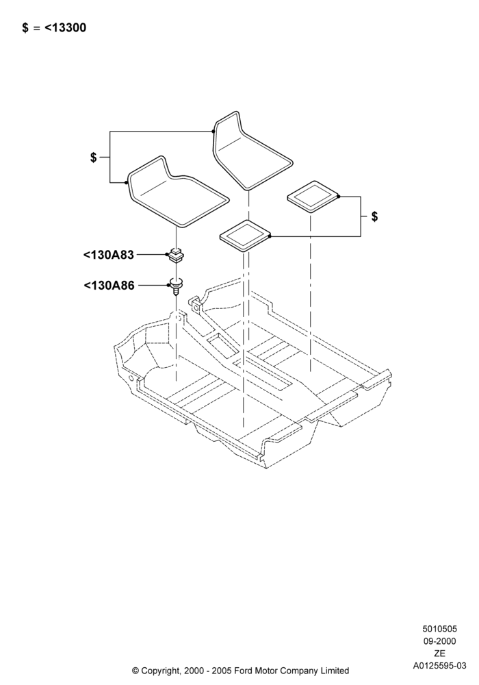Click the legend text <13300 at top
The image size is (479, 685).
click(66, 28)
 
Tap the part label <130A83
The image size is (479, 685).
click(109, 255)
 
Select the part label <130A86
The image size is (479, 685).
click(109, 286)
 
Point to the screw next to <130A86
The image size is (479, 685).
click(176, 286)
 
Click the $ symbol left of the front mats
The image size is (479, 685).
click(93, 158)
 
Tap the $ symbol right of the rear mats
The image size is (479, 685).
click(375, 216)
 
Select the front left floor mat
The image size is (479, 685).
click(177, 192)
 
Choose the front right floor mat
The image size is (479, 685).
click(250, 151)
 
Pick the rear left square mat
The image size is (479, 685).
click(245, 236)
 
